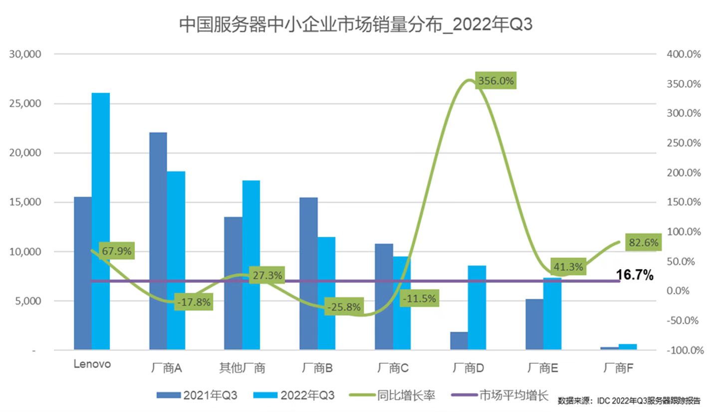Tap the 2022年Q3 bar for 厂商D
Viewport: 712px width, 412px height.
(x=477, y=307)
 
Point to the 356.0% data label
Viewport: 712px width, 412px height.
(x=495, y=80)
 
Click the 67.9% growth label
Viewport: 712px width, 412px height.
(x=117, y=251)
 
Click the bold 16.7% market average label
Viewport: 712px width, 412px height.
(x=635, y=275)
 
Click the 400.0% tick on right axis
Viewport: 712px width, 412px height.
(x=684, y=54)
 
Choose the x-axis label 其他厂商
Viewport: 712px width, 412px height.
(x=242, y=369)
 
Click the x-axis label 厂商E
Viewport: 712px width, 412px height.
(x=543, y=369)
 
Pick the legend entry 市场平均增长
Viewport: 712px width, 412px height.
(x=513, y=396)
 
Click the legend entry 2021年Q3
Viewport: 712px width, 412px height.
(x=210, y=396)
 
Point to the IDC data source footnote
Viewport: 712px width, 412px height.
(x=629, y=401)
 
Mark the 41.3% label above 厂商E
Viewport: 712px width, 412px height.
(x=567, y=267)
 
